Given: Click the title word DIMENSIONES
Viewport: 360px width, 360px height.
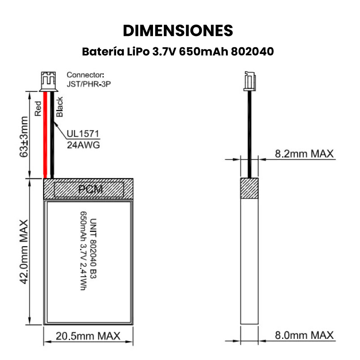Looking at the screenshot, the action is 178,31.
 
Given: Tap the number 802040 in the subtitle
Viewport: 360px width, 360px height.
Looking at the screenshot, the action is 252,51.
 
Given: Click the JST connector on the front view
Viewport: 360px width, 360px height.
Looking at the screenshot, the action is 48,81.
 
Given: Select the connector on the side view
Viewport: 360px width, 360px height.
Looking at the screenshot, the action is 250,81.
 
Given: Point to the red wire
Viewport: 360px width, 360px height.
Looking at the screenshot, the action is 45,135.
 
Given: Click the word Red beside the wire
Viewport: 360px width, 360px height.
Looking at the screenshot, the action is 38,108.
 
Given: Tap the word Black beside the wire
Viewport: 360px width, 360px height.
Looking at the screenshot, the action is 59,107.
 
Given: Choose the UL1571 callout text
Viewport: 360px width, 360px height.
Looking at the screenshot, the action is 83,134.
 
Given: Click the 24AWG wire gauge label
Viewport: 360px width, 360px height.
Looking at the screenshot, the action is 83,145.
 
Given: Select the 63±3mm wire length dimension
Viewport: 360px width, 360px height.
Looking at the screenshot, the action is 24,137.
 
